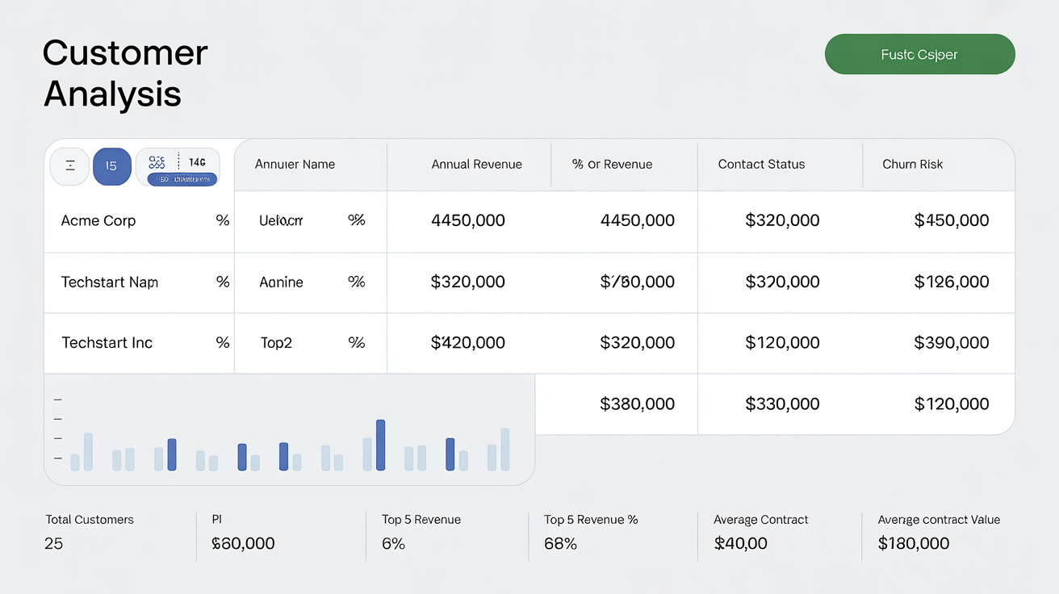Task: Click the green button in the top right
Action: [x=919, y=54]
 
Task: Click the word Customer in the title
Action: [x=125, y=53]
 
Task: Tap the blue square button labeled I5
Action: [x=111, y=166]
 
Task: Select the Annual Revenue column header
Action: [x=476, y=165]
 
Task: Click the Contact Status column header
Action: [x=761, y=165]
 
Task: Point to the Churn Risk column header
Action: [x=912, y=165]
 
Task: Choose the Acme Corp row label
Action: [x=98, y=221]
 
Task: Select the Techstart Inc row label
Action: [x=107, y=343]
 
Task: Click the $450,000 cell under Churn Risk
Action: [x=951, y=221]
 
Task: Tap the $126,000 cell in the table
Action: [x=951, y=282]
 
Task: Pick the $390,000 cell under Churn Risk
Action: [x=951, y=343]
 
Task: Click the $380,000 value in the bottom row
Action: [x=637, y=404]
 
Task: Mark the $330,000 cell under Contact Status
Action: [x=782, y=404]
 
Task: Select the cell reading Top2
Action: [x=276, y=343]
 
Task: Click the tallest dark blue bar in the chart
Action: [x=380, y=445]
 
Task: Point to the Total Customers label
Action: [x=90, y=520]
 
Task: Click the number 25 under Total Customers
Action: [x=53, y=544]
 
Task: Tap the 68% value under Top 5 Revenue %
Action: [x=560, y=544]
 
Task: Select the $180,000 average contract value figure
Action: [x=913, y=544]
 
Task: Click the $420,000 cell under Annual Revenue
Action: [x=468, y=343]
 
